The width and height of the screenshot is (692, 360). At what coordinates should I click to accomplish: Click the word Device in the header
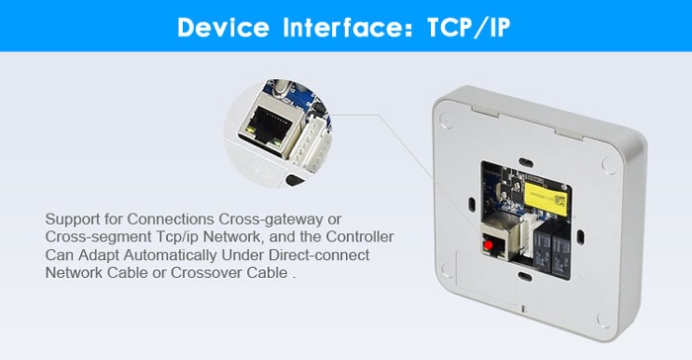(222, 27)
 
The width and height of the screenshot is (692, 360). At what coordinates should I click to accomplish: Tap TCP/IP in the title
(469, 28)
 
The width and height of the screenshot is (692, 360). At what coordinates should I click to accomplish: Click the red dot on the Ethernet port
(488, 245)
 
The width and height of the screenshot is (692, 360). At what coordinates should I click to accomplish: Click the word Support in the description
(72, 220)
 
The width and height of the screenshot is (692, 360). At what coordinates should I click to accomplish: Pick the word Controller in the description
(360, 236)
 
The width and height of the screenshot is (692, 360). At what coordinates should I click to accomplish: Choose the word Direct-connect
(319, 255)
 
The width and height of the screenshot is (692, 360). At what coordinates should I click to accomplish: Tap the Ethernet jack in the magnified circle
(268, 129)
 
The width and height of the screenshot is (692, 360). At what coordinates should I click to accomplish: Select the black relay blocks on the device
(552, 250)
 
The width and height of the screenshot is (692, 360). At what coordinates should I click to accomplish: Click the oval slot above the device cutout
(525, 161)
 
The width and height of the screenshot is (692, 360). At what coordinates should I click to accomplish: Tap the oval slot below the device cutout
(525, 277)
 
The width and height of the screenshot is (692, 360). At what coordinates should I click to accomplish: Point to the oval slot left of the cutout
(472, 203)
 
